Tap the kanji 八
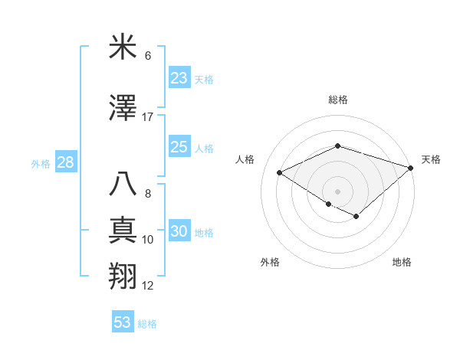click(124, 186)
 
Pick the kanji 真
click(124, 231)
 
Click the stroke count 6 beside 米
click(148, 56)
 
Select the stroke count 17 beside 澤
click(148, 117)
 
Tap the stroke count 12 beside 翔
click(148, 286)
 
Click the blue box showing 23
click(179, 78)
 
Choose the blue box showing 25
click(179, 147)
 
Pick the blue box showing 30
click(179, 232)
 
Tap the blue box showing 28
click(65, 162)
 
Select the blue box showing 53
click(123, 322)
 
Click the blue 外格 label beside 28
click(41, 163)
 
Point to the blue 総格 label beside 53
click(147, 324)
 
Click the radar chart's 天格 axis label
click(431, 159)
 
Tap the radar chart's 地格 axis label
click(402, 262)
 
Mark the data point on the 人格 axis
click(280, 173)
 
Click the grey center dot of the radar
click(337, 191)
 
